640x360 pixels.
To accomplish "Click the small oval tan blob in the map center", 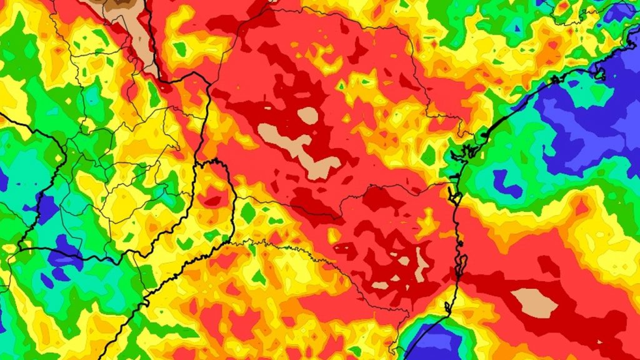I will click(307, 115).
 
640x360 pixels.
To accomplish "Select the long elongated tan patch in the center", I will click(300, 150).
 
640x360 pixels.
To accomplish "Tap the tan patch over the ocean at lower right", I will click(535, 302).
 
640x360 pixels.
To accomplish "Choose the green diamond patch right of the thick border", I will click(248, 212).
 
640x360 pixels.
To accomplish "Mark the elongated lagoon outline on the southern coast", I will click(461, 262).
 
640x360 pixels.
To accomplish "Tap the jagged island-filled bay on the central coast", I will click(466, 150).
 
